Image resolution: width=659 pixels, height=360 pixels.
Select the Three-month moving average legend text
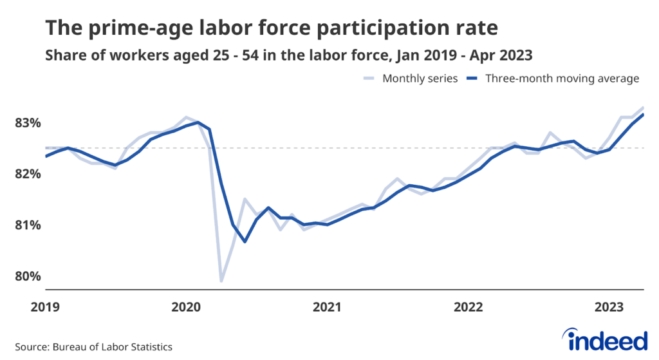coord(562,79)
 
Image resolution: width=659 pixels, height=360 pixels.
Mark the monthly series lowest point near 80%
coord(221,281)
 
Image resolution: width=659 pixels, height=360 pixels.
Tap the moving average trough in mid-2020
coord(245,242)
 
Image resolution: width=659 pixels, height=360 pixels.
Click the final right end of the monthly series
coord(644,108)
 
